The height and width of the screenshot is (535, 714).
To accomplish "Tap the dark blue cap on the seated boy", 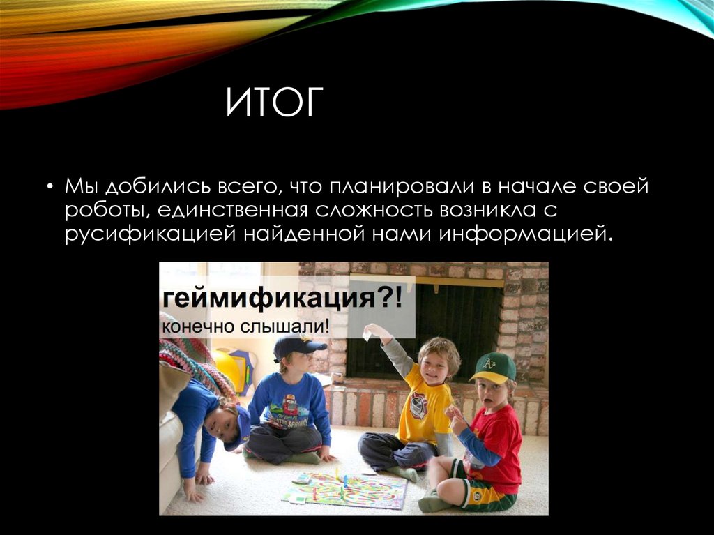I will coord(298,345).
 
